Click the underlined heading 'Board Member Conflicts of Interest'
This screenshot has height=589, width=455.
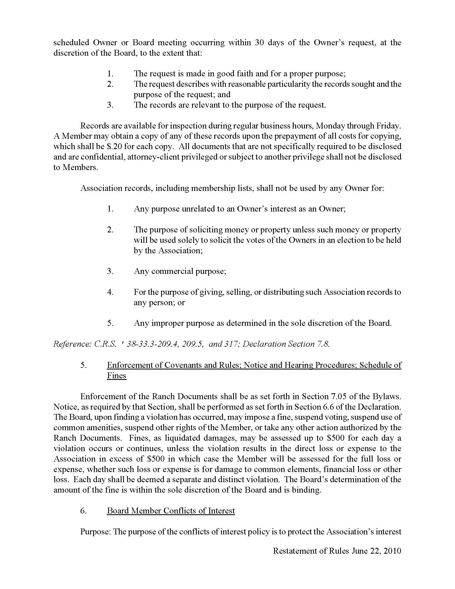click(171, 511)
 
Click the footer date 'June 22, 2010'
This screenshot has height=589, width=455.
click(376, 551)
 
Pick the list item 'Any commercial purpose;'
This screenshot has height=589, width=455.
click(180, 271)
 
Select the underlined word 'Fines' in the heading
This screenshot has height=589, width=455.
click(116, 375)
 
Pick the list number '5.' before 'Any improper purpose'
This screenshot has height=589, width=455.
click(110, 323)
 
